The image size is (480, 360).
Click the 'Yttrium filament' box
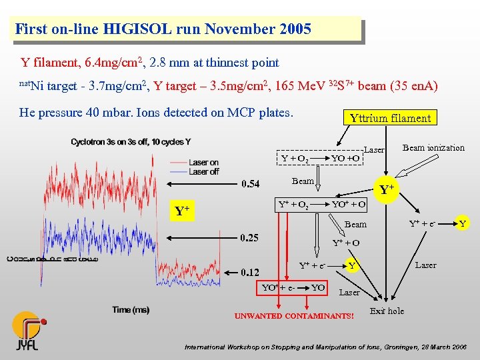[x=390, y=118]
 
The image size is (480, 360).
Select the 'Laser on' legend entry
[x=203, y=162]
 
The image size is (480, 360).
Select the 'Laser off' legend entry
[x=203, y=171]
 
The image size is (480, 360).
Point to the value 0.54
[x=251, y=184]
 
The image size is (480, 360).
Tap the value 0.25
[x=251, y=237]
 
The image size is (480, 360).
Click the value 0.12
[x=251, y=272]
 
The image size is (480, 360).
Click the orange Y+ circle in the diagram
[x=385, y=190]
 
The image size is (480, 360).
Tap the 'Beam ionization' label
[x=433, y=147]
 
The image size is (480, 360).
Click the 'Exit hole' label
[x=387, y=311]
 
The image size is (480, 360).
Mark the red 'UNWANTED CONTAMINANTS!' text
[x=294, y=315]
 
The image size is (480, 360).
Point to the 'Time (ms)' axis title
[x=131, y=309]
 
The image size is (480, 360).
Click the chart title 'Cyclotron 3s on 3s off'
[x=131, y=142]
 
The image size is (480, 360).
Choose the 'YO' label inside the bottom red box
[x=318, y=287]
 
